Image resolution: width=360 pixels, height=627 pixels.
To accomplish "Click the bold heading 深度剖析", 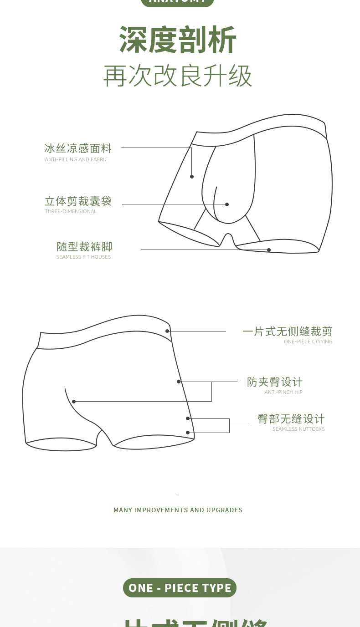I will tap(178, 40).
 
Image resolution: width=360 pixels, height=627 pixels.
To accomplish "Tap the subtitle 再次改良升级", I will tap(178, 75).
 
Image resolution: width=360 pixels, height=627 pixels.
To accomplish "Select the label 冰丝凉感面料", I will tap(78, 148).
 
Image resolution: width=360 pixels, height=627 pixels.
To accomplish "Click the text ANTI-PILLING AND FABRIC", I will tap(76, 159).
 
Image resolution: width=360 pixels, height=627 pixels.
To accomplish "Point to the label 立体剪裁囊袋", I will tap(78, 201).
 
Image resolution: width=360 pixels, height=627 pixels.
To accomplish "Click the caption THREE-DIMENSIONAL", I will tap(71, 211).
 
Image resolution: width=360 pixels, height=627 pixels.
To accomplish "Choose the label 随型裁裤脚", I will tap(84, 247).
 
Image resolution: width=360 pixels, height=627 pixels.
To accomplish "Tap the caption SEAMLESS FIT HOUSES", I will tap(83, 257).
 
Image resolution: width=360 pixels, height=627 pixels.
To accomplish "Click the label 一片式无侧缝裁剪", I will tap(288, 331).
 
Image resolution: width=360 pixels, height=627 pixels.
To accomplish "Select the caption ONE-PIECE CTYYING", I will tap(308, 342).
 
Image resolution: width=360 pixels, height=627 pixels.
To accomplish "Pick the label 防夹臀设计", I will tap(275, 382).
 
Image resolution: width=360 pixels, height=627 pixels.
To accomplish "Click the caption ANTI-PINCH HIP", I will tap(283, 392).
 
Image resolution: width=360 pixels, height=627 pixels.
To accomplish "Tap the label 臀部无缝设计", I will tap(291, 419).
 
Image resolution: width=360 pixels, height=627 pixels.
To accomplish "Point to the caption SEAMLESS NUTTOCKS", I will tap(298, 429).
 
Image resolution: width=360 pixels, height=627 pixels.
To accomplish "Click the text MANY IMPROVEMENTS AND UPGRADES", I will tap(178, 510).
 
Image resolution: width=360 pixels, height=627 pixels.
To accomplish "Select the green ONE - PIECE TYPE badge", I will tap(180, 588).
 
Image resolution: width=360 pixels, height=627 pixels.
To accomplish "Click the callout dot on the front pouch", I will tap(227, 204).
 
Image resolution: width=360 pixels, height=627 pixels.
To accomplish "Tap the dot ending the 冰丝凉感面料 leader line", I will tap(192, 177).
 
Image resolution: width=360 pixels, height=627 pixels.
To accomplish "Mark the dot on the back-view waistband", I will tap(168, 331).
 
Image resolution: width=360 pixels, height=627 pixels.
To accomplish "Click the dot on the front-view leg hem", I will tap(269, 250).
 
